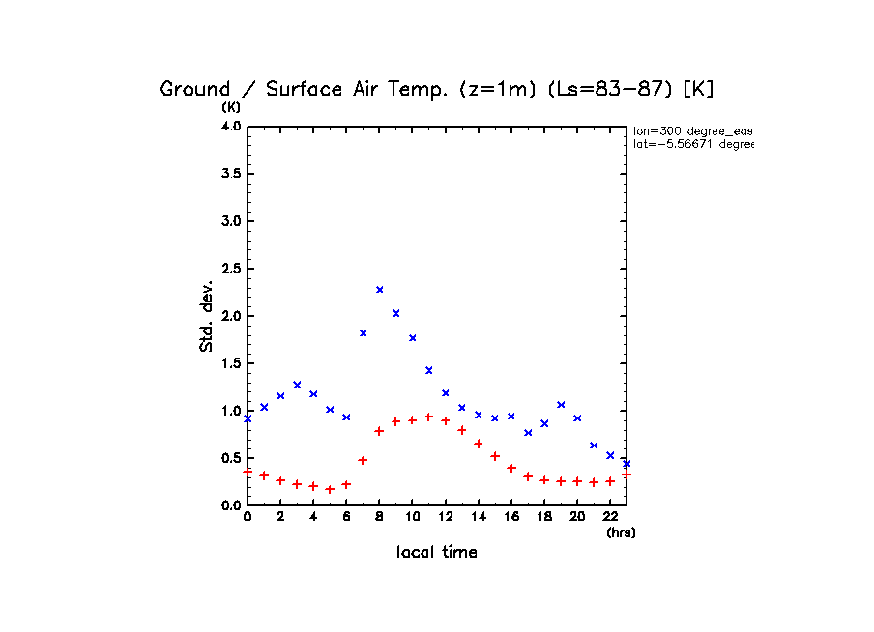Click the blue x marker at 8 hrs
point(380,289)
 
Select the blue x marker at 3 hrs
point(297,385)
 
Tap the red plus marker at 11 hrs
point(429,417)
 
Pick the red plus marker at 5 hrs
point(330,489)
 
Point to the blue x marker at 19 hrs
point(561,404)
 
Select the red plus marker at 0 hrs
point(248,472)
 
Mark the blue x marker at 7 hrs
point(364,332)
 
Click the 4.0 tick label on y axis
point(231,127)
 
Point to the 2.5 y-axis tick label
point(231,269)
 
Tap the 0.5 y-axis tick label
point(231,458)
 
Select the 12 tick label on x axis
point(446,517)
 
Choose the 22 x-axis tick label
point(610,517)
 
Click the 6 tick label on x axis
point(346,517)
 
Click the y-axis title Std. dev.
point(207,316)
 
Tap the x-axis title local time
point(437,553)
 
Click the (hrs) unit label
point(621,532)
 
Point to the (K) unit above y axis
point(232,107)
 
